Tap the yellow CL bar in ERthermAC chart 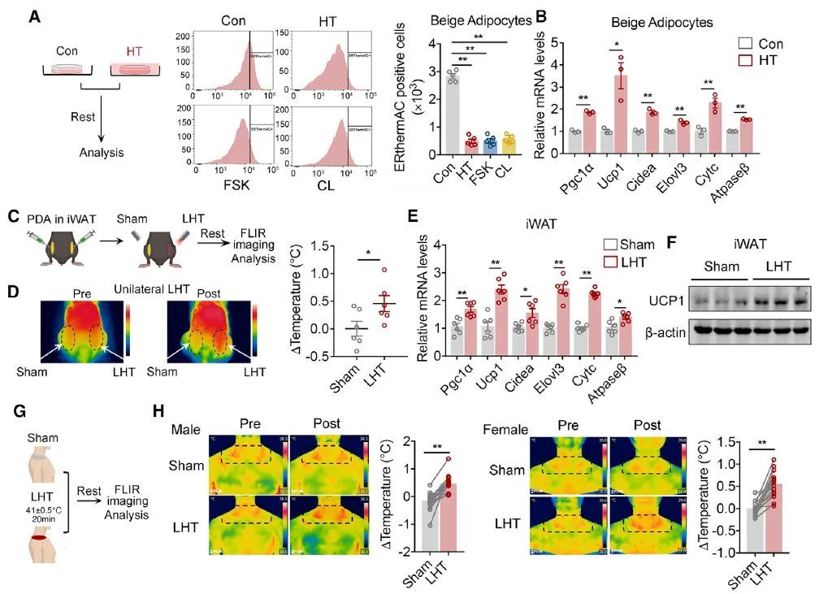tap(509, 145)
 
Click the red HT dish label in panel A tap(135, 50)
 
